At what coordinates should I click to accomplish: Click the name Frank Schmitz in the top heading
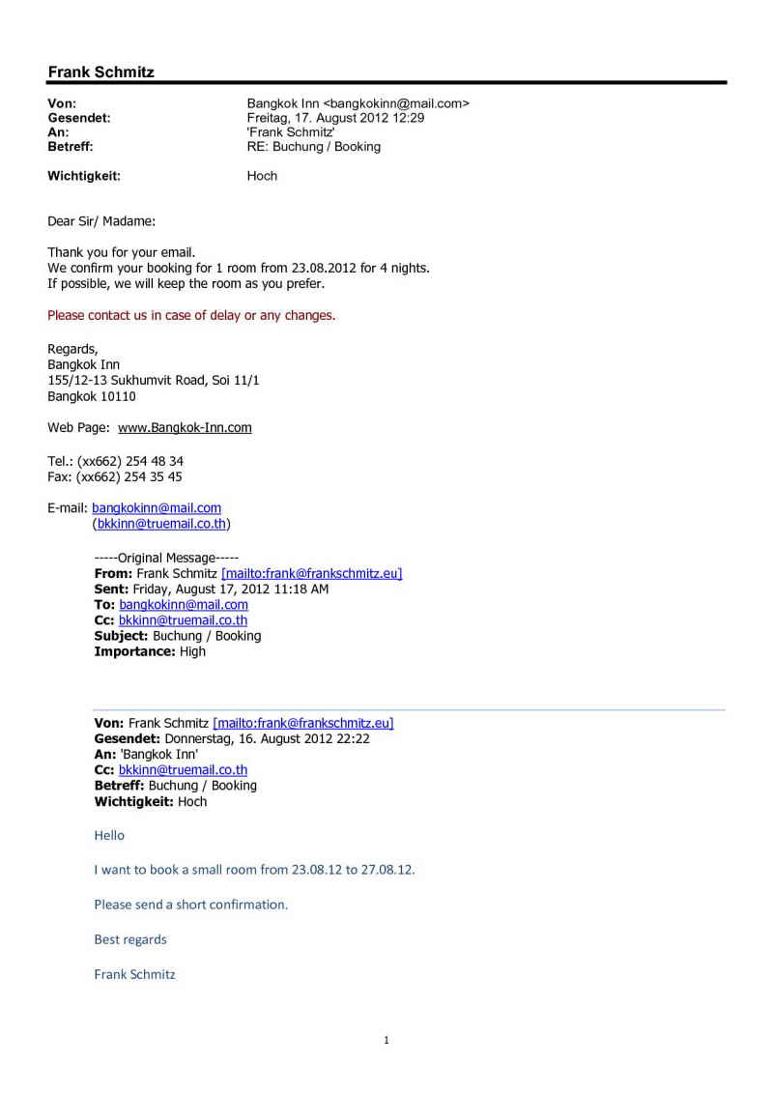100,72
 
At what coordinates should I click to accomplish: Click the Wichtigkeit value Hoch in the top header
262,176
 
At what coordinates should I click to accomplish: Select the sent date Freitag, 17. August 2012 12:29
335,118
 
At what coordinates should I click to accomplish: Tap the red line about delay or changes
191,315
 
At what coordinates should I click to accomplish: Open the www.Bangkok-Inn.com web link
185,427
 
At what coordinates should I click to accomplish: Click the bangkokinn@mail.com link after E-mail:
157,507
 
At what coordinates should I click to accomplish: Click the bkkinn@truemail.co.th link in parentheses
161,524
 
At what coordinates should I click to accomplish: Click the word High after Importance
192,651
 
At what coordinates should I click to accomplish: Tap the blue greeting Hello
109,835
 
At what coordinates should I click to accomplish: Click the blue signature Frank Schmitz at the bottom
134,974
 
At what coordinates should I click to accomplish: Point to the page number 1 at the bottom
386,1041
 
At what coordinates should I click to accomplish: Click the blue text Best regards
130,939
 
